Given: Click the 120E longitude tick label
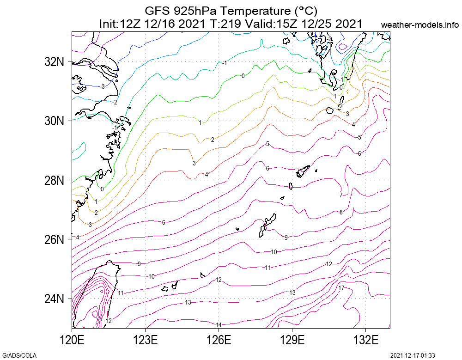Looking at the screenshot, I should point(72,341).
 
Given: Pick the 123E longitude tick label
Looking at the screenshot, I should point(146,341).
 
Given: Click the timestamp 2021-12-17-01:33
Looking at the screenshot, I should point(413,355).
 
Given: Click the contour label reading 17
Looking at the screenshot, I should point(341,288).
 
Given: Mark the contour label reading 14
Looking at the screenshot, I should point(219,325).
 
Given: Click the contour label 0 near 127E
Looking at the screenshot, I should point(243,76).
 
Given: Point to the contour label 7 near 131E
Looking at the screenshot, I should point(341,195).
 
